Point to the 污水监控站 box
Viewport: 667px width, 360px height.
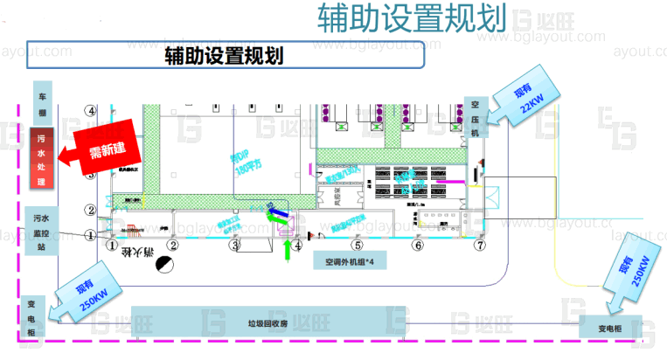(x=40, y=232)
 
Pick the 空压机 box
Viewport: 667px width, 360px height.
(x=476, y=116)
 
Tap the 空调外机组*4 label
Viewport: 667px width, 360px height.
(x=349, y=260)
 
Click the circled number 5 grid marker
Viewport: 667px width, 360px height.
(x=357, y=246)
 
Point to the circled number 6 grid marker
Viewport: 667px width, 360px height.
(x=418, y=246)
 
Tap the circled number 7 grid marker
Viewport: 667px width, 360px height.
(x=478, y=246)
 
